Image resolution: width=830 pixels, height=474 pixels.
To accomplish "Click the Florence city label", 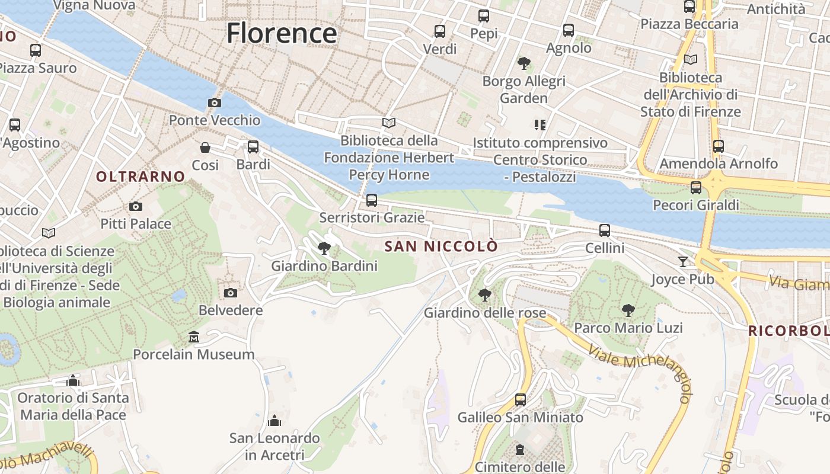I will pos(282,33).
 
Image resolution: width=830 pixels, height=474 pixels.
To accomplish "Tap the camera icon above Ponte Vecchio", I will pos(215,103).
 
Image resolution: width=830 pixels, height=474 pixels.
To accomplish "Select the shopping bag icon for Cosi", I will pos(205,147).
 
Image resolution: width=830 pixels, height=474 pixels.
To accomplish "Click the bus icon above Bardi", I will pos(253,146).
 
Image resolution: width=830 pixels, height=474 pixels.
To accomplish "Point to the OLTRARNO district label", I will pos(141,177).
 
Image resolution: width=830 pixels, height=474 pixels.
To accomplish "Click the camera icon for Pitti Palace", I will pos(136,206).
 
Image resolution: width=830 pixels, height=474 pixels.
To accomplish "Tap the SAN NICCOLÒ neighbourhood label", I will pos(441,246).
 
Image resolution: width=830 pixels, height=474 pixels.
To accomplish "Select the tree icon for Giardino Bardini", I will pos(324,248).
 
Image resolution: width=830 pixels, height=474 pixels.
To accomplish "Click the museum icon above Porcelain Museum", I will pos(193,337).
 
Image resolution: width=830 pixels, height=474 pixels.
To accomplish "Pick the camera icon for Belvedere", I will pos(231,293).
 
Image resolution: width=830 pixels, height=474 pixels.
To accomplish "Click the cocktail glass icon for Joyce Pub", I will pos(683,261).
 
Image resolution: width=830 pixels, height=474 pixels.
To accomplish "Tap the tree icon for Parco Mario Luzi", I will pos(628,310).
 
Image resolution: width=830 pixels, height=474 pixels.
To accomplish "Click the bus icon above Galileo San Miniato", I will pos(521,399).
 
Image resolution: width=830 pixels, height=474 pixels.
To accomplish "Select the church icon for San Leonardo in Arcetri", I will pos(274,421).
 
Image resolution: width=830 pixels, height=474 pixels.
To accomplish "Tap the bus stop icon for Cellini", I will pos(605,230).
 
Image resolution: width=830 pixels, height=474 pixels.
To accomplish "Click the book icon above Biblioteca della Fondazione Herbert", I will pos(389,123).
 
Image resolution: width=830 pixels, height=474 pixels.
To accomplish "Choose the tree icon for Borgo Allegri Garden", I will pos(523,63).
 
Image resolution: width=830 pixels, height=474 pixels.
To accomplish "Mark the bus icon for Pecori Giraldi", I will pos(696,188).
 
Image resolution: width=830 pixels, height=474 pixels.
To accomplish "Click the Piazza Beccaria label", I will pos(689,24).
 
